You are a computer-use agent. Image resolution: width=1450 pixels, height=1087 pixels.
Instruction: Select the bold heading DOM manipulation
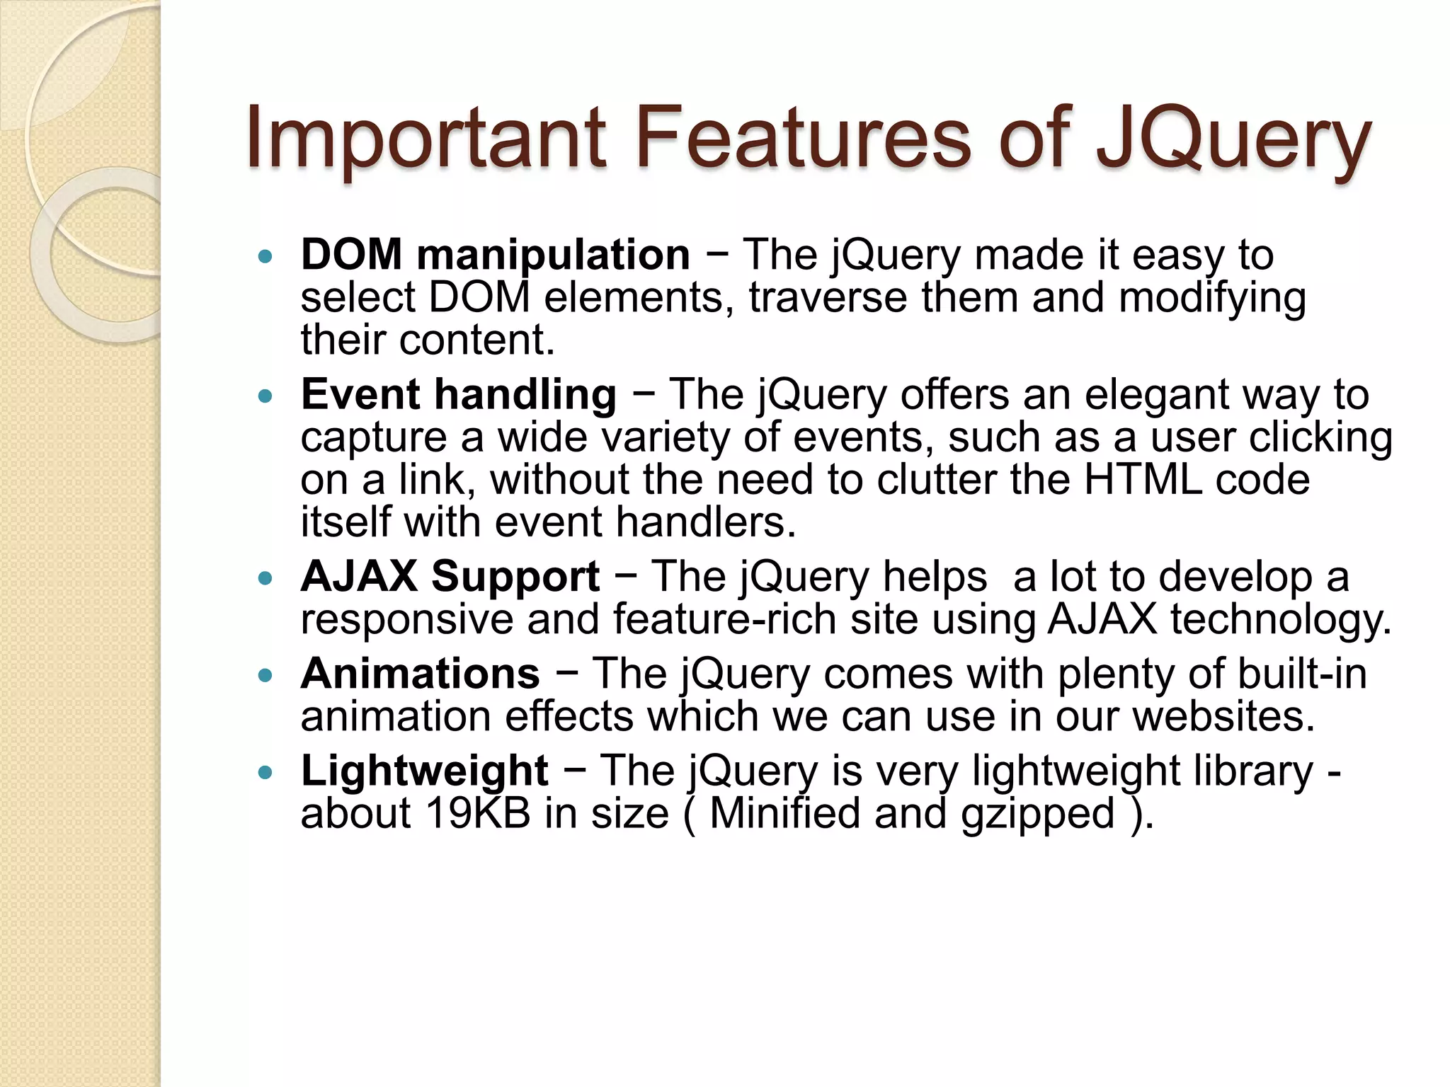tap(495, 254)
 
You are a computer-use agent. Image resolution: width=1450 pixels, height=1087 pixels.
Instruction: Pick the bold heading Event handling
tap(459, 394)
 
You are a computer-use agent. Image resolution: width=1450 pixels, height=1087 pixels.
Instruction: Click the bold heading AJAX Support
tap(450, 576)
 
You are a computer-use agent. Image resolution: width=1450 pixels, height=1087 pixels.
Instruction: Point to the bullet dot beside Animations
tap(266, 675)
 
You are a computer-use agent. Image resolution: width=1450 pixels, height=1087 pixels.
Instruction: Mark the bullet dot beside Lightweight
tap(266, 772)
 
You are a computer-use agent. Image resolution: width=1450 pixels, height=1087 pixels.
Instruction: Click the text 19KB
tap(478, 814)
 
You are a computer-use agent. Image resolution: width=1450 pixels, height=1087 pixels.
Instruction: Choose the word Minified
tap(784, 814)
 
